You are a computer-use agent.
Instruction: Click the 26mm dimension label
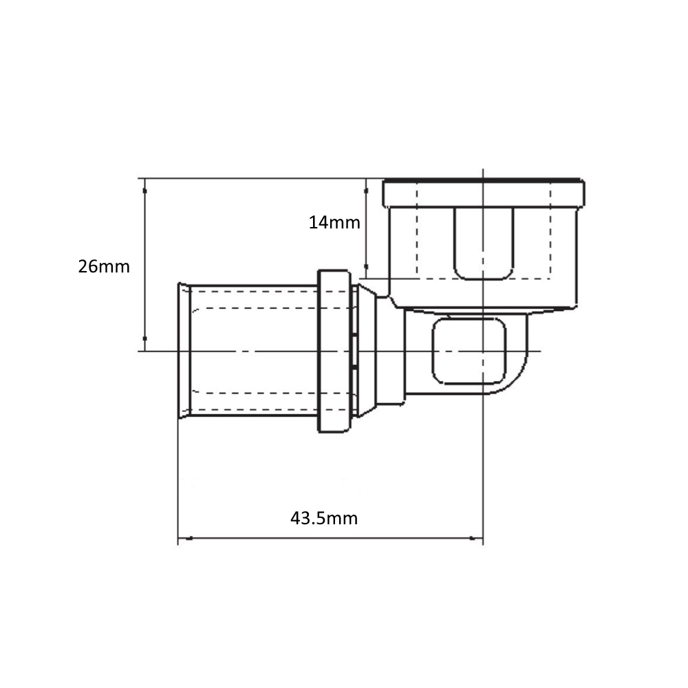pos(104,267)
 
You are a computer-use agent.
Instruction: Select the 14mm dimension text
pos(334,223)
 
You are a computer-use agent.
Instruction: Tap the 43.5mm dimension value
pos(324,519)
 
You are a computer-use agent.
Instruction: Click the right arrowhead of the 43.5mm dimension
pos(475,539)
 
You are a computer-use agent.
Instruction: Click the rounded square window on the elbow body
pos(469,351)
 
